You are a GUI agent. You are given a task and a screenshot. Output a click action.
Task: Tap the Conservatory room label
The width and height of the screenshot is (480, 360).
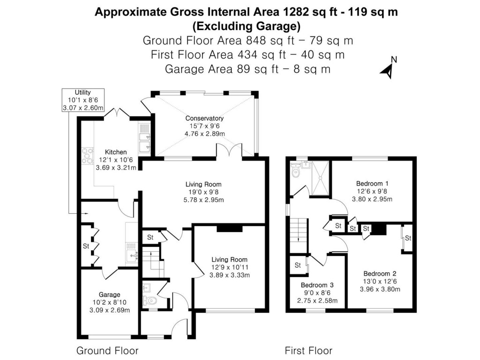pyautogui.click(x=204, y=118)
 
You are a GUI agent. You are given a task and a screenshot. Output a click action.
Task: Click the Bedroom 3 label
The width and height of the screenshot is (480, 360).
pyautogui.click(x=317, y=285)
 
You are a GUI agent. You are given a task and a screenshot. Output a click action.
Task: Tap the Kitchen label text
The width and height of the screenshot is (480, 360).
pyautogui.click(x=115, y=152)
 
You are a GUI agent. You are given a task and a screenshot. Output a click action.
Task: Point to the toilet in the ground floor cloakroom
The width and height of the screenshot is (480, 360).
pyautogui.click(x=148, y=300)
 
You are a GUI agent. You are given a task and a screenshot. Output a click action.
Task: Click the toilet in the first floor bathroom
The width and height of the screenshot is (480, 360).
pyautogui.click(x=295, y=173)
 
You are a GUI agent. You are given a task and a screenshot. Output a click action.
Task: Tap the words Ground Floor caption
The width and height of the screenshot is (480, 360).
pyautogui.click(x=107, y=351)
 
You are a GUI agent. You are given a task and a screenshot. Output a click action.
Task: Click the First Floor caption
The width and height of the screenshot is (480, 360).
pyautogui.click(x=308, y=351)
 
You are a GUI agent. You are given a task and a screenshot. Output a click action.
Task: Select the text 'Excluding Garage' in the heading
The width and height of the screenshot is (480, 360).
pyautogui.click(x=247, y=25)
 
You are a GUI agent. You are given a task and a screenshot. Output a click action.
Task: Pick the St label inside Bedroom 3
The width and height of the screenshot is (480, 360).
pyautogui.click(x=298, y=265)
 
